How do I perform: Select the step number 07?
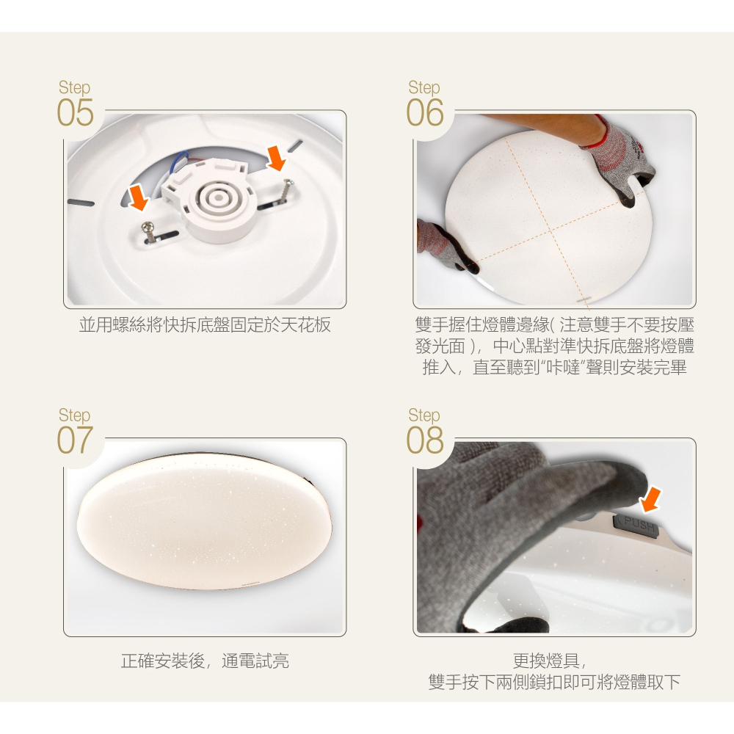75,441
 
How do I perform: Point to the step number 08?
425,441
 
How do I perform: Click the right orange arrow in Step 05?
277,157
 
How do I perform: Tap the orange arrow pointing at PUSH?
650,500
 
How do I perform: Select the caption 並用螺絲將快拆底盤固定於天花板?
205,325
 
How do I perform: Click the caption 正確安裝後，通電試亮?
205,661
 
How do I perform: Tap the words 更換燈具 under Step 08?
555,661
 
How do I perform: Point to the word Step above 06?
424,87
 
